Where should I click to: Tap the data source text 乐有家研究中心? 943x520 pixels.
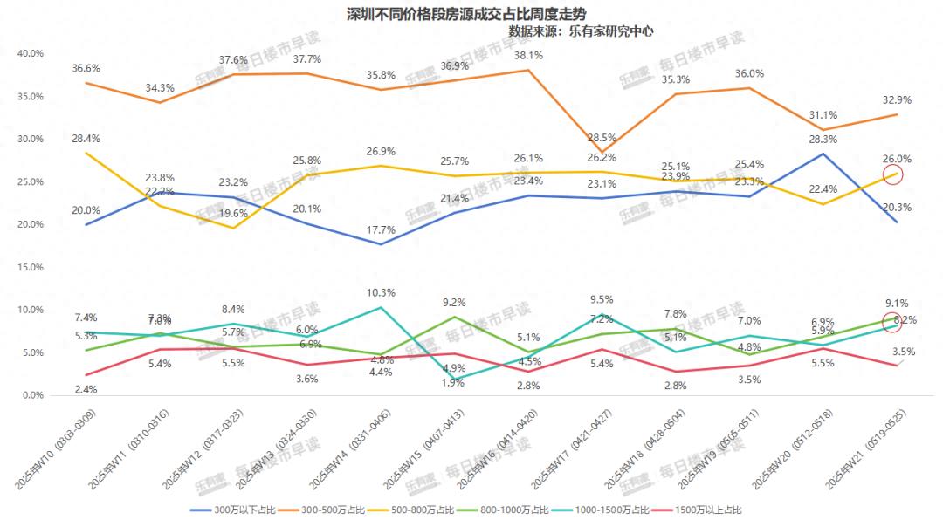pos(611,31)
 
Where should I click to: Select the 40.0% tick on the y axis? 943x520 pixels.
pos(31,53)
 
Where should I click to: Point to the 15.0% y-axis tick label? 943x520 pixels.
pos(31,267)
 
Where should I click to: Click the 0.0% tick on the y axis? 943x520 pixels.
pos(33,395)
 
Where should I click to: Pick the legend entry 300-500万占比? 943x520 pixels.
pos(323,509)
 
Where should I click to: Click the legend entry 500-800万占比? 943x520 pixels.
pos(416,509)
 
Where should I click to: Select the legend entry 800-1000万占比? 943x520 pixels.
pos(513,509)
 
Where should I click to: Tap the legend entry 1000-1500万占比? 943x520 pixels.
pos(614,509)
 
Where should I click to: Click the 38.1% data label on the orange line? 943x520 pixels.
pos(529,55)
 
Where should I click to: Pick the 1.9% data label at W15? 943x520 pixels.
pos(454,382)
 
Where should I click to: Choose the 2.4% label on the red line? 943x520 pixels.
pos(86,389)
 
